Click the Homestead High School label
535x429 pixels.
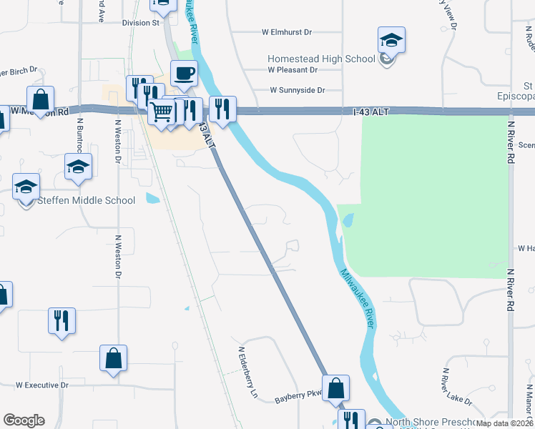coord(321,59)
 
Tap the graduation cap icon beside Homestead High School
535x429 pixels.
coord(391,40)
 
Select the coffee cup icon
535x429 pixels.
coord(184,73)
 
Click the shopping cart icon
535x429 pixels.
coord(162,112)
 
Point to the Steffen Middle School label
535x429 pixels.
coord(86,200)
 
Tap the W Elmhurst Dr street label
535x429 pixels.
coord(287,32)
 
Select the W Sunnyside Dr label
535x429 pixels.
coord(297,90)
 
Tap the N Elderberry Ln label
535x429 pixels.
coord(247,372)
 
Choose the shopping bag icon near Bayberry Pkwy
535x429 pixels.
coord(335,388)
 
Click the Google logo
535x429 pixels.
coord(24,420)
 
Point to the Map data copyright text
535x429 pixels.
coord(505,423)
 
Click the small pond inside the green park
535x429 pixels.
coord(348,221)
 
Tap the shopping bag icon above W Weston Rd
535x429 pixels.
coord(41,99)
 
